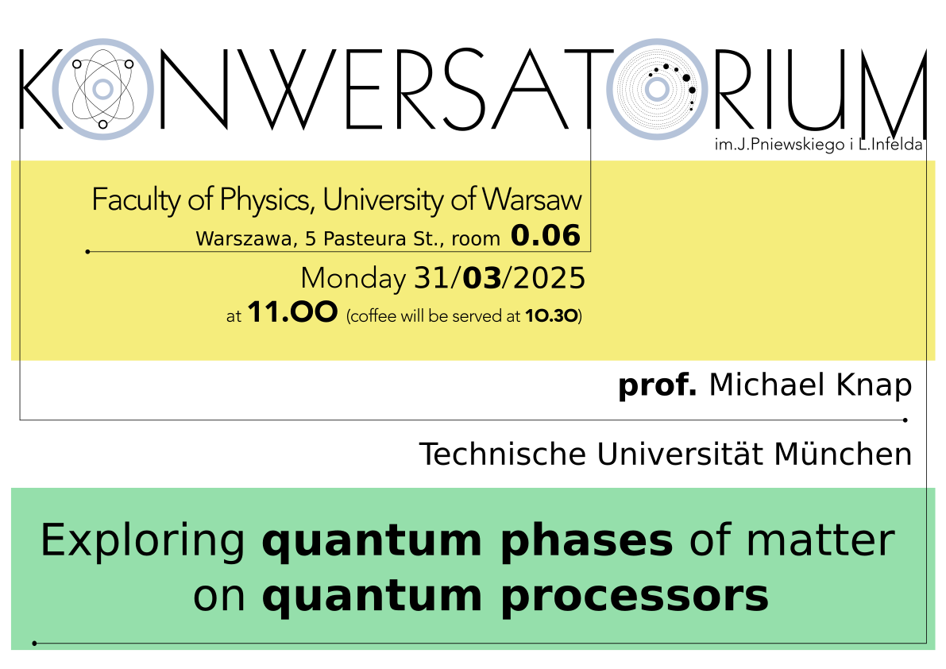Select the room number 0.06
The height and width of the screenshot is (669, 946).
(546, 235)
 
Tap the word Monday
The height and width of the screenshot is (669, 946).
(353, 279)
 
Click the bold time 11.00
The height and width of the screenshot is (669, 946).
(292, 312)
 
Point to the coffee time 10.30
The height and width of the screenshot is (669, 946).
(551, 316)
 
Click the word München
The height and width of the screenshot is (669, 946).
(843, 454)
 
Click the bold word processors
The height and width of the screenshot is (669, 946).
(635, 597)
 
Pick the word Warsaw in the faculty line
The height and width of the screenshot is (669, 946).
(532, 199)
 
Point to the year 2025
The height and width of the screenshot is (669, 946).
(549, 279)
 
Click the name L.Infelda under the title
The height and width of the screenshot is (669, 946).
(890, 145)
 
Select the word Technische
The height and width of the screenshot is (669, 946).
(503, 454)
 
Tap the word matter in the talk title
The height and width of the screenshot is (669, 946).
(821, 540)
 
